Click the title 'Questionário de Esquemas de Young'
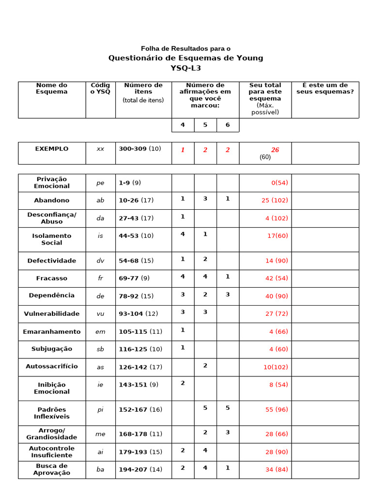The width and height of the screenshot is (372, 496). pyautogui.click(x=186, y=58)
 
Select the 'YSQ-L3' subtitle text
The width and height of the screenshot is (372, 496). pyautogui.click(x=186, y=68)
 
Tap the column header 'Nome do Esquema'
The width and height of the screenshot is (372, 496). pyautogui.click(x=52, y=88)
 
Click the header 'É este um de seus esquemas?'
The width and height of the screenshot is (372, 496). pyautogui.click(x=325, y=88)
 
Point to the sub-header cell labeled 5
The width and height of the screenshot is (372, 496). pyautogui.click(x=205, y=125)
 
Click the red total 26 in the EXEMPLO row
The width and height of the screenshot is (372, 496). pyautogui.click(x=275, y=150)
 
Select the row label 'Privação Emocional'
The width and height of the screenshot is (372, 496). pyautogui.click(x=52, y=183)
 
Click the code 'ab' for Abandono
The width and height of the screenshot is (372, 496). pyautogui.click(x=100, y=201)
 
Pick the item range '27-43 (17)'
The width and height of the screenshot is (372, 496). pyautogui.click(x=136, y=218)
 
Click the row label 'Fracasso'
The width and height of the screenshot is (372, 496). pyautogui.click(x=52, y=279)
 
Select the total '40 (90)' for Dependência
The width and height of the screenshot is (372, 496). pyautogui.click(x=277, y=296)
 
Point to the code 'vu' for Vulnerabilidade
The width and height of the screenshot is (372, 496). pyautogui.click(x=100, y=314)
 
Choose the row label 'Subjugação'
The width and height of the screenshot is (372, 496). pyautogui.click(x=52, y=349)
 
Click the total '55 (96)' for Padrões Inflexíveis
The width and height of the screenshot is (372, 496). pyautogui.click(x=277, y=409)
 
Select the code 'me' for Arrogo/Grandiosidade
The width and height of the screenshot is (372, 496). pyautogui.click(x=100, y=434)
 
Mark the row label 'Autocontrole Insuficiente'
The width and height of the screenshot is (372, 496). pyautogui.click(x=52, y=452)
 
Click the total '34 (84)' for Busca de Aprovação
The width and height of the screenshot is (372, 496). pyautogui.click(x=277, y=470)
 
